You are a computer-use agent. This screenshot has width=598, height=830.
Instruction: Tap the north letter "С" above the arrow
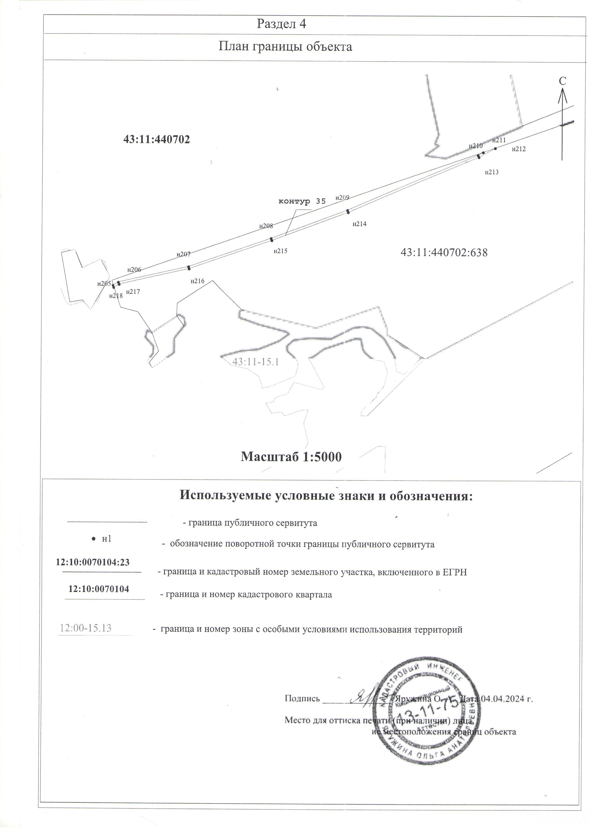coord(563,81)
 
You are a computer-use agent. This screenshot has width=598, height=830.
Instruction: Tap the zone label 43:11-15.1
coord(256,362)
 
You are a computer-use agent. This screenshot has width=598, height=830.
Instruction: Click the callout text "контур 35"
coord(302,201)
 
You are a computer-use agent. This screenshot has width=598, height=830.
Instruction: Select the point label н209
coord(342,198)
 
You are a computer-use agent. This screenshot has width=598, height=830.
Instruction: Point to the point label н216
coord(198,281)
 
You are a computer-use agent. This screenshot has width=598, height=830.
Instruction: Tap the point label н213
coord(492,172)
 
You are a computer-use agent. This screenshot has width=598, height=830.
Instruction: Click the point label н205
coord(104,283)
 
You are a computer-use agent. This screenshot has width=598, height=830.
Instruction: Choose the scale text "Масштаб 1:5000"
coord(291,457)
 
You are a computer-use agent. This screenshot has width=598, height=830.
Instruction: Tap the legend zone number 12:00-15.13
coord(86,628)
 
